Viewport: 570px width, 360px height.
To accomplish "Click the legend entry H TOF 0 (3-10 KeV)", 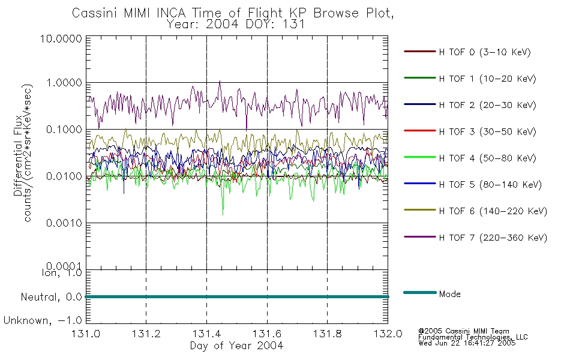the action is [x=485, y=52].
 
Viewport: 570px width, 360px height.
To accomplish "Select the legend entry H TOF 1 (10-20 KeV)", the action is [x=487, y=79].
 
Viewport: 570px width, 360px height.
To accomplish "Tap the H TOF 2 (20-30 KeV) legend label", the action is [x=487, y=105].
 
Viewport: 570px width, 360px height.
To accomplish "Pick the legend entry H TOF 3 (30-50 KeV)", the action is [x=487, y=131].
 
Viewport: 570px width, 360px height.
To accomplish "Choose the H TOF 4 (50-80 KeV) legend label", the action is [x=487, y=158].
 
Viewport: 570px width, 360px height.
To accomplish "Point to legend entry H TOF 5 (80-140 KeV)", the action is [x=490, y=185].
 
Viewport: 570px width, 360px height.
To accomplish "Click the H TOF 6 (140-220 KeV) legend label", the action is [x=493, y=211].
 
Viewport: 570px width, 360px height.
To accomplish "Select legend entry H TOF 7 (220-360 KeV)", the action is [x=493, y=238].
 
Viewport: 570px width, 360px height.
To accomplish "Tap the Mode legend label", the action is [x=449, y=294].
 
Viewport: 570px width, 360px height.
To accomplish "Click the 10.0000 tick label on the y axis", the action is [x=61, y=38].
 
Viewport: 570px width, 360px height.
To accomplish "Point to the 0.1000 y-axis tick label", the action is [x=64, y=130].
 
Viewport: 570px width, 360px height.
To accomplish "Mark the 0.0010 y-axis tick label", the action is [x=64, y=223].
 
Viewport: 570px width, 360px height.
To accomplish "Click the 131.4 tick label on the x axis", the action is [x=206, y=334].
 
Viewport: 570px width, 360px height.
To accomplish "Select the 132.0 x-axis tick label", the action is [x=388, y=334].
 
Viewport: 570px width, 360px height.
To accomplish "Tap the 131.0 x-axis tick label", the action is [x=86, y=334].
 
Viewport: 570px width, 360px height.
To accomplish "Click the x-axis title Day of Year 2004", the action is [x=236, y=346].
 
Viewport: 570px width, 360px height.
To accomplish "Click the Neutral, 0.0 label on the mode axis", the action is [x=51, y=297].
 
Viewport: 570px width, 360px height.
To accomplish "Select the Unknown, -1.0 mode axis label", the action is [x=43, y=320].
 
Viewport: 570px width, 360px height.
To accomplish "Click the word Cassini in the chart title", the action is [x=95, y=13].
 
